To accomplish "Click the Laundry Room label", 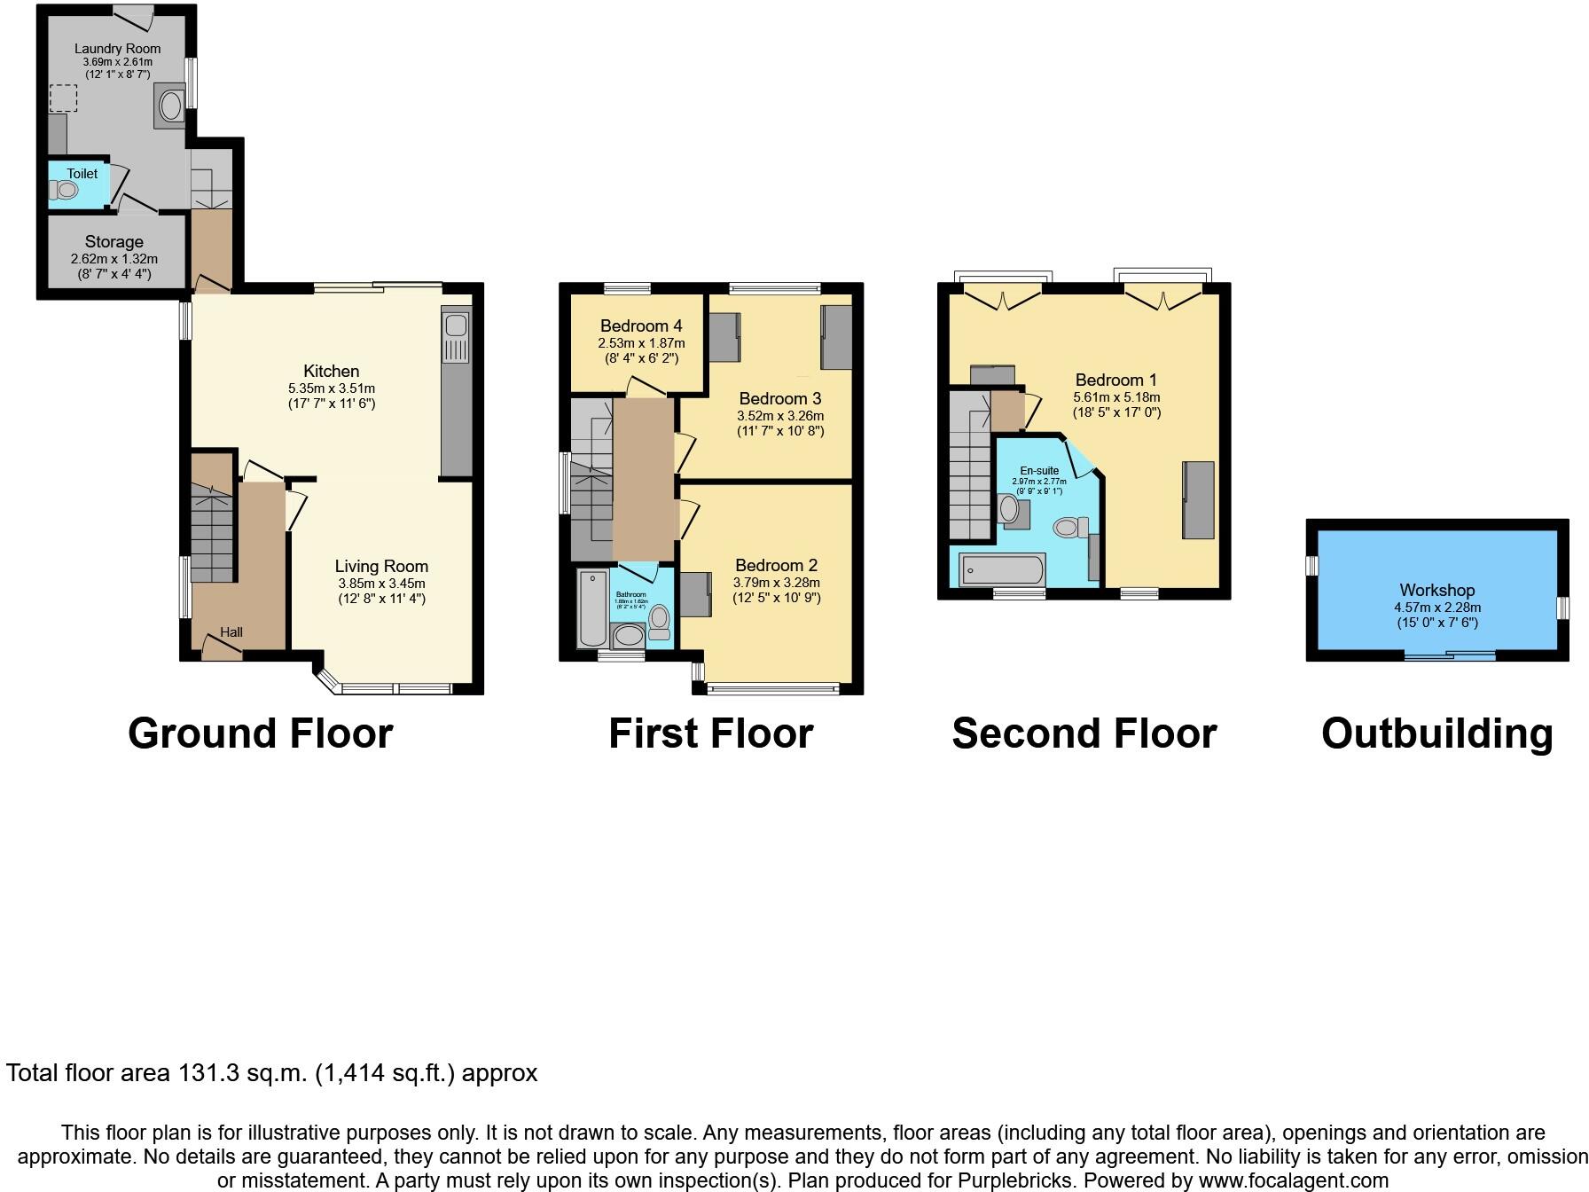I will click(117, 49).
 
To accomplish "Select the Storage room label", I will click(113, 241).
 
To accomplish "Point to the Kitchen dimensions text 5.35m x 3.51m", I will click(331, 388).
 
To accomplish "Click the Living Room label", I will click(381, 566).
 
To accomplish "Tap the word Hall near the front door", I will click(231, 632).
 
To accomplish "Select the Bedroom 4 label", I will click(640, 325).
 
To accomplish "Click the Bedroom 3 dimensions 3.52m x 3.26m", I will click(780, 416).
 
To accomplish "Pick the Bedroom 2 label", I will click(776, 565).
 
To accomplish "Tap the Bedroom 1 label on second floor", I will click(1115, 380).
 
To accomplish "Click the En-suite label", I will click(1038, 471).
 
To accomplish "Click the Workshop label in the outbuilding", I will click(1436, 590).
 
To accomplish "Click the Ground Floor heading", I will click(260, 733).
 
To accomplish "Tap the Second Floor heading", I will click(1084, 733).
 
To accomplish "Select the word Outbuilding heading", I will click(1436, 733).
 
